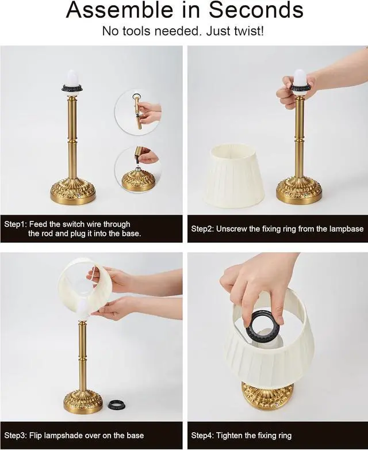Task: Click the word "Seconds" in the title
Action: [256, 11]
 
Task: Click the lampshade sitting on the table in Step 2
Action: [234, 175]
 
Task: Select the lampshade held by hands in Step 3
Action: [80, 279]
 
